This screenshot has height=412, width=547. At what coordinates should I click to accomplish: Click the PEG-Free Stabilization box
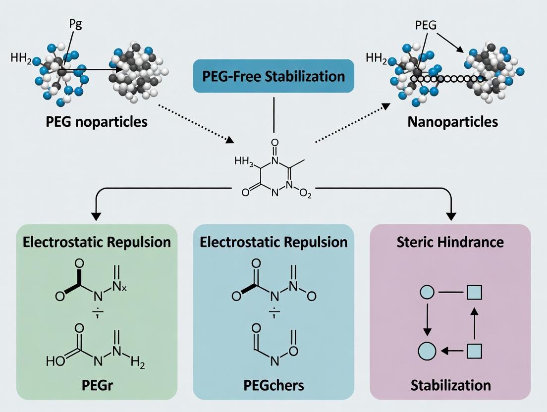273,76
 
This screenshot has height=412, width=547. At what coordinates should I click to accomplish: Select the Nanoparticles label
452,121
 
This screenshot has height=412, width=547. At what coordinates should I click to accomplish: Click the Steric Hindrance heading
450,242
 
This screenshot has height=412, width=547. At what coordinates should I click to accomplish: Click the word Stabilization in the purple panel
450,385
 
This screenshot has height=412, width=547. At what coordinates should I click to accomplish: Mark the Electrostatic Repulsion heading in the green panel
97,242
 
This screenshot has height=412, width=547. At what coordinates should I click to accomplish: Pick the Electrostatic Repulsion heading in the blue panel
273,242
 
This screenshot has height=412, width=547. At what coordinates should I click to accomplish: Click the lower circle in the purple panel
427,351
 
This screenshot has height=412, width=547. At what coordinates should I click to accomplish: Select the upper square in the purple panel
475,293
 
